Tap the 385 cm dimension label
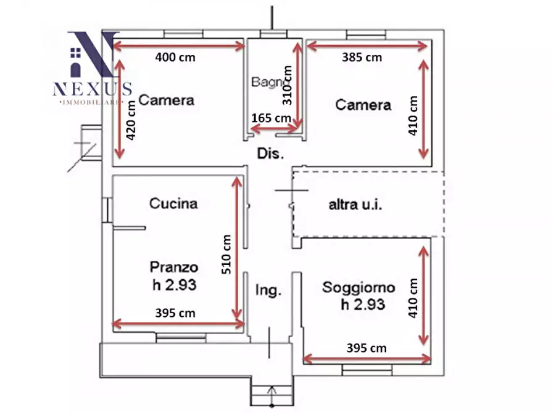pos(362,57)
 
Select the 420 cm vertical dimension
pos(131,121)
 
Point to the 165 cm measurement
pos(271,117)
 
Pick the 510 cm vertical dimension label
pos(226,254)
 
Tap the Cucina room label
pos(173,203)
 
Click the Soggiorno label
pos(358,287)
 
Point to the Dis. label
pos(270,154)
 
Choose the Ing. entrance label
pos(269,290)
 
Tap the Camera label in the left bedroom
pos(166,100)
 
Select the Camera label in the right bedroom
pos(363,105)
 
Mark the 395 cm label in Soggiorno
pos(367,348)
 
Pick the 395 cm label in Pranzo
pos(175,313)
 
